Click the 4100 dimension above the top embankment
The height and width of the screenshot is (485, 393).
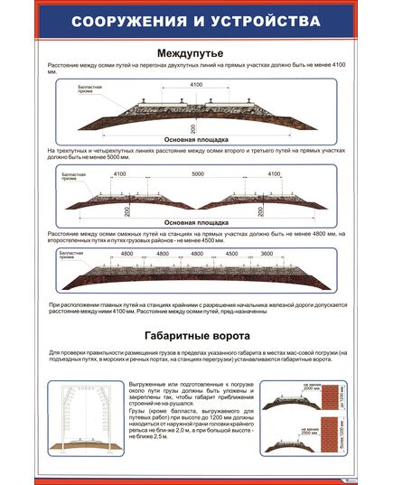point(196,85)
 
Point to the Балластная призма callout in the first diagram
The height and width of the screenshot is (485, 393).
point(80,89)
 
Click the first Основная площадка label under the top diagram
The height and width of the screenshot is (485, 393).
point(197,139)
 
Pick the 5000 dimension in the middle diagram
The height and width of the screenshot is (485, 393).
point(197,173)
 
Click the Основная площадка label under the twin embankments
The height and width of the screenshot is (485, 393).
point(197,220)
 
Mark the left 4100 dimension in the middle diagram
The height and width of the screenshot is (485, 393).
point(120,173)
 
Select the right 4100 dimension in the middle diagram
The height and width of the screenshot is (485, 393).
point(275,173)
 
